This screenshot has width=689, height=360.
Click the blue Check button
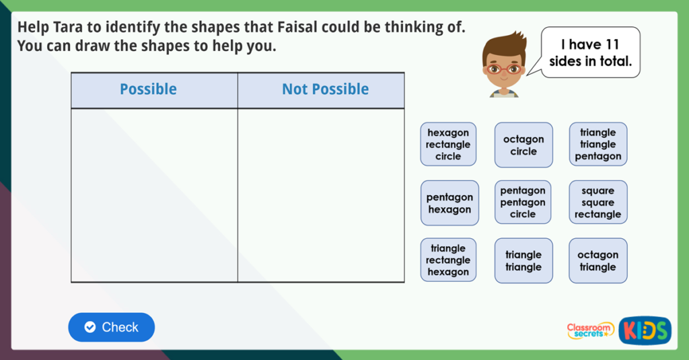(111, 327)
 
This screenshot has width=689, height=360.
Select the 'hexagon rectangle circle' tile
(448, 144)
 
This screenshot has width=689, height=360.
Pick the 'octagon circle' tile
(523, 145)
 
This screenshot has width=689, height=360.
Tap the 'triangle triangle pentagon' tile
(598, 144)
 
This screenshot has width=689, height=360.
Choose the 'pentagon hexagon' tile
(449, 203)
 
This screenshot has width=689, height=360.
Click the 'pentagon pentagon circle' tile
(523, 202)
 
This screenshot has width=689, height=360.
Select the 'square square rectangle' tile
(597, 202)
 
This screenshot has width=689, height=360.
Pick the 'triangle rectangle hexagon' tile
(448, 260)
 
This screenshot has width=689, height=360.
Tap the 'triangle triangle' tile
(523, 260)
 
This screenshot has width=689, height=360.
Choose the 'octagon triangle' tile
(597, 260)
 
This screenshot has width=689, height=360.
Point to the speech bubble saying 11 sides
(590, 52)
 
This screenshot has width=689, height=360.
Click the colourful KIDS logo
(645, 330)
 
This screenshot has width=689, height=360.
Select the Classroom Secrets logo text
(590, 330)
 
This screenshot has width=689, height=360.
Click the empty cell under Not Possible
(321, 195)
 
